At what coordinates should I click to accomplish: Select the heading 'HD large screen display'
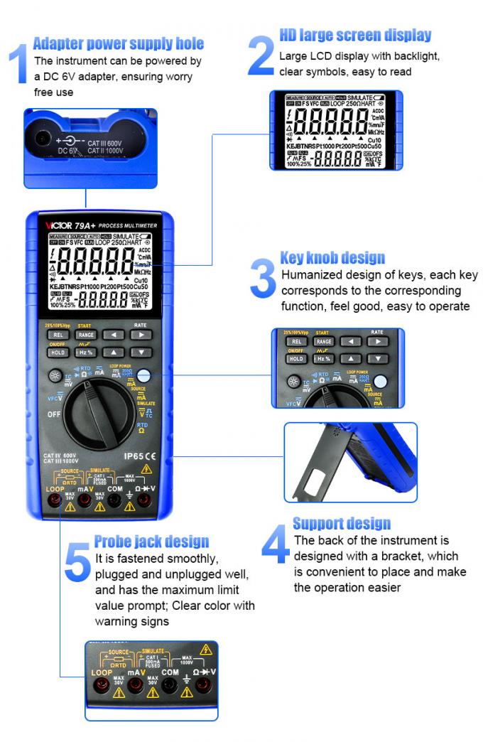point(355,35)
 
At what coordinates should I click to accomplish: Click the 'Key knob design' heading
point(332,257)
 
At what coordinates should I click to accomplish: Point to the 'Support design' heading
point(342,524)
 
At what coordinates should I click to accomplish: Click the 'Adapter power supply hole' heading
point(118,43)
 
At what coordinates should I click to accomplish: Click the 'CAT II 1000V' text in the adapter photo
point(106,151)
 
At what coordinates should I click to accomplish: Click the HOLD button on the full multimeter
point(58,352)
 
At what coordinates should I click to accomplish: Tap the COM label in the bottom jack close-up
point(170,672)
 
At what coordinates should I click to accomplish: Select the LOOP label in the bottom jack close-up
point(102,672)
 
